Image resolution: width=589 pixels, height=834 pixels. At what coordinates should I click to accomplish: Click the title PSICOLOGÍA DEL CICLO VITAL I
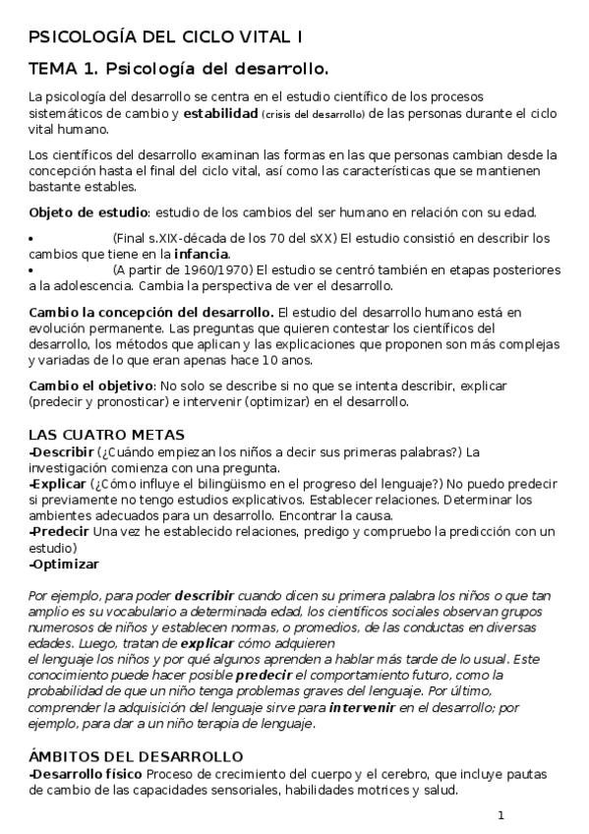pos(166,36)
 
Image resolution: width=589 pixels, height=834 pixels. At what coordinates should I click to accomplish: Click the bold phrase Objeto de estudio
pos(88,212)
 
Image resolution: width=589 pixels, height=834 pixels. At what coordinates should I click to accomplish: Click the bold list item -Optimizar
pos(64,565)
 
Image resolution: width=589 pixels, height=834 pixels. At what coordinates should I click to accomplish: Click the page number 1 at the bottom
pos(501,815)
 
